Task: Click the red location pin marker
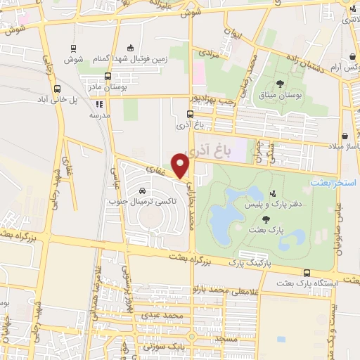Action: pyautogui.click(x=181, y=167)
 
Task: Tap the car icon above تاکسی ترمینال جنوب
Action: pyautogui.click(x=143, y=191)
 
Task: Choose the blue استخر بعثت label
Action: pyautogui.click(x=335, y=182)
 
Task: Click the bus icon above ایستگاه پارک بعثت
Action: pyautogui.click(x=307, y=272)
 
